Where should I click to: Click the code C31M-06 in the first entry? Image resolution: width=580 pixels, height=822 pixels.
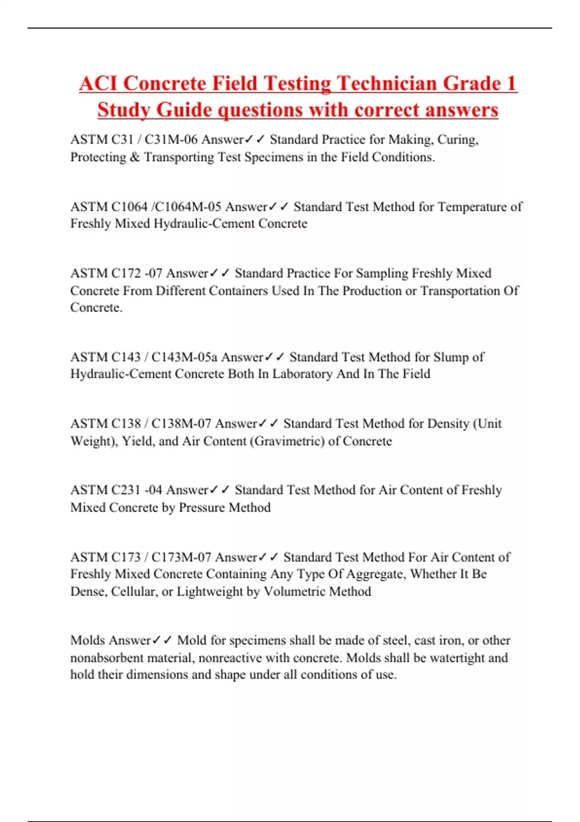(171, 140)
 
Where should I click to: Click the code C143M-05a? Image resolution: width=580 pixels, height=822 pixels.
(184, 357)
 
